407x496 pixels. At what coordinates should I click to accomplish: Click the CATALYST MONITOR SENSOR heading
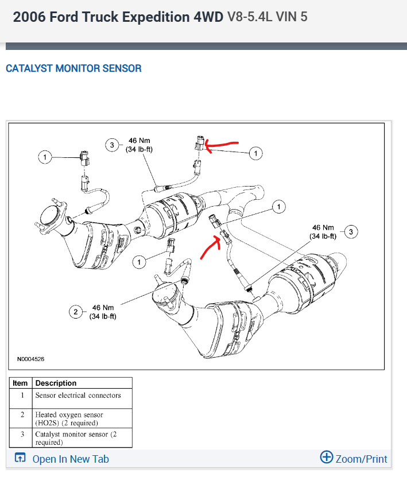(73, 68)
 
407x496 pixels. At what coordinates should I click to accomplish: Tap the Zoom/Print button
(354, 458)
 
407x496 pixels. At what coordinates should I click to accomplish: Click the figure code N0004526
(30, 359)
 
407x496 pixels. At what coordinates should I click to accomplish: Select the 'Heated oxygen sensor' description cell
(69, 418)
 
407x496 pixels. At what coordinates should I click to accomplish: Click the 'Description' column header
(56, 383)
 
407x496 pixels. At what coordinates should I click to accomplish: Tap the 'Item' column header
(20, 383)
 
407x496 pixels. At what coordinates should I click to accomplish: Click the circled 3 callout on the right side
(351, 231)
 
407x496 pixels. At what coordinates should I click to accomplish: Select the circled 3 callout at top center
(111, 145)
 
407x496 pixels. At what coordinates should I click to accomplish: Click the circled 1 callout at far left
(44, 156)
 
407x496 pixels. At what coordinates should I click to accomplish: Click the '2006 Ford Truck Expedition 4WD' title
(118, 17)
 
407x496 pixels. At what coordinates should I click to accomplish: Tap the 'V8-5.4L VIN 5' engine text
(267, 17)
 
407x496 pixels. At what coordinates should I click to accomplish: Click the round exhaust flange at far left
(50, 216)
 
